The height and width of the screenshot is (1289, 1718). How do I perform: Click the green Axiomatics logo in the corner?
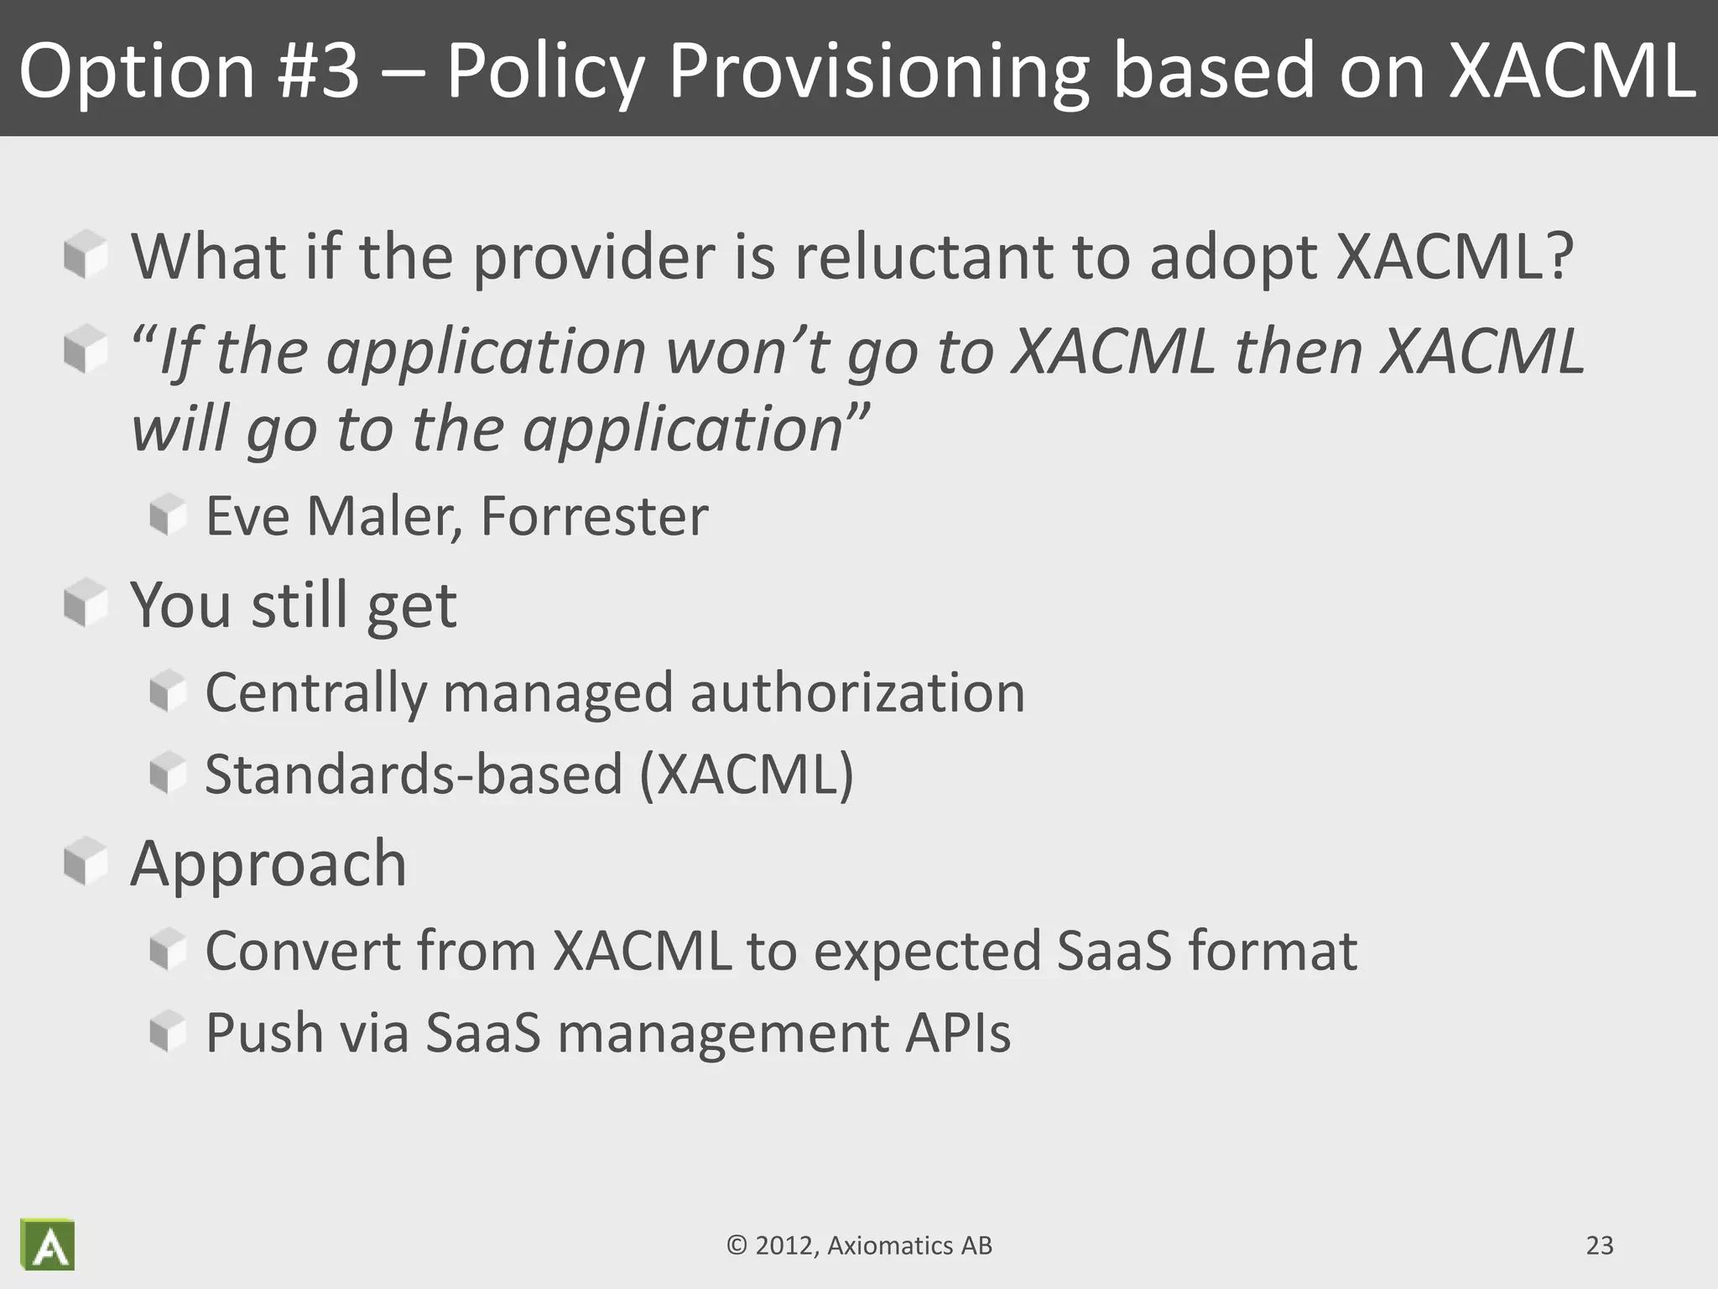click(x=48, y=1245)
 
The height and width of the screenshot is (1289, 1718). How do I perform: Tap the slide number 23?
click(x=1600, y=1245)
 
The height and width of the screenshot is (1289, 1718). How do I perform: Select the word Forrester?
click(x=594, y=516)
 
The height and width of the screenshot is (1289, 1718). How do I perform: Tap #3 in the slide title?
click(x=319, y=70)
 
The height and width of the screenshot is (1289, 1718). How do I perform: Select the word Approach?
click(x=268, y=864)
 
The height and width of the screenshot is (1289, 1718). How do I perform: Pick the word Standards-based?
click(x=414, y=774)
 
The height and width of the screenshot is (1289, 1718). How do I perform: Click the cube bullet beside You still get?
click(x=85, y=603)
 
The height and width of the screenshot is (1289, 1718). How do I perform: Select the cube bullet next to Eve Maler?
click(x=168, y=514)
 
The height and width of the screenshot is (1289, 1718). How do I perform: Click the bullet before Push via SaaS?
click(x=168, y=1031)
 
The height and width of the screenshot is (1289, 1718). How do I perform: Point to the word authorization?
click(x=857, y=693)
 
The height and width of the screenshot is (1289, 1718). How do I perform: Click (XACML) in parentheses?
click(x=747, y=774)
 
